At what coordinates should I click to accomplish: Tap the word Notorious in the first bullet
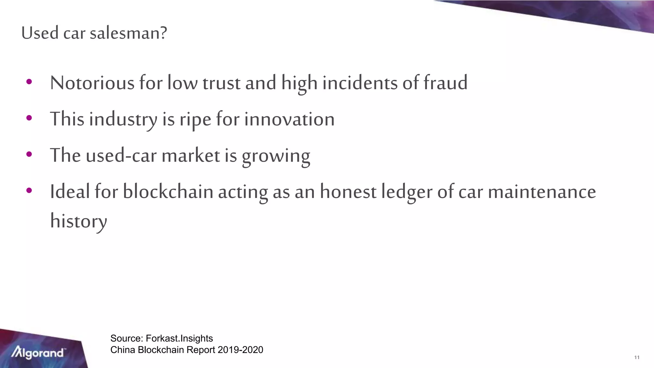coord(92,83)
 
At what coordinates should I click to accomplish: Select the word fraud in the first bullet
coord(445,83)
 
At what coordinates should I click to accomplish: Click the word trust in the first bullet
coord(221,83)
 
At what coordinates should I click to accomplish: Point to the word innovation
coord(289,119)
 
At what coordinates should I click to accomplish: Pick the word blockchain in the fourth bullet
coord(168,192)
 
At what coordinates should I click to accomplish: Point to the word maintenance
coord(542,192)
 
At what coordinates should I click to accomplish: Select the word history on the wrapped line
coord(79,221)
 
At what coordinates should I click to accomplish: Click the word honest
coord(348,192)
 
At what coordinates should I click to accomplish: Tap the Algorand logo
coord(38,353)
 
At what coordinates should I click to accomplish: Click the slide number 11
coord(637,357)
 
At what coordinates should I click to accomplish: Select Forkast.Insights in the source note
coord(179,338)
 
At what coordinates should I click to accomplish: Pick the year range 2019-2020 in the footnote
coord(240,350)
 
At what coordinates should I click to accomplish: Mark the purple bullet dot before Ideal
coord(29,191)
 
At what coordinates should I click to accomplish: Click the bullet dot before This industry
coord(29,118)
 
